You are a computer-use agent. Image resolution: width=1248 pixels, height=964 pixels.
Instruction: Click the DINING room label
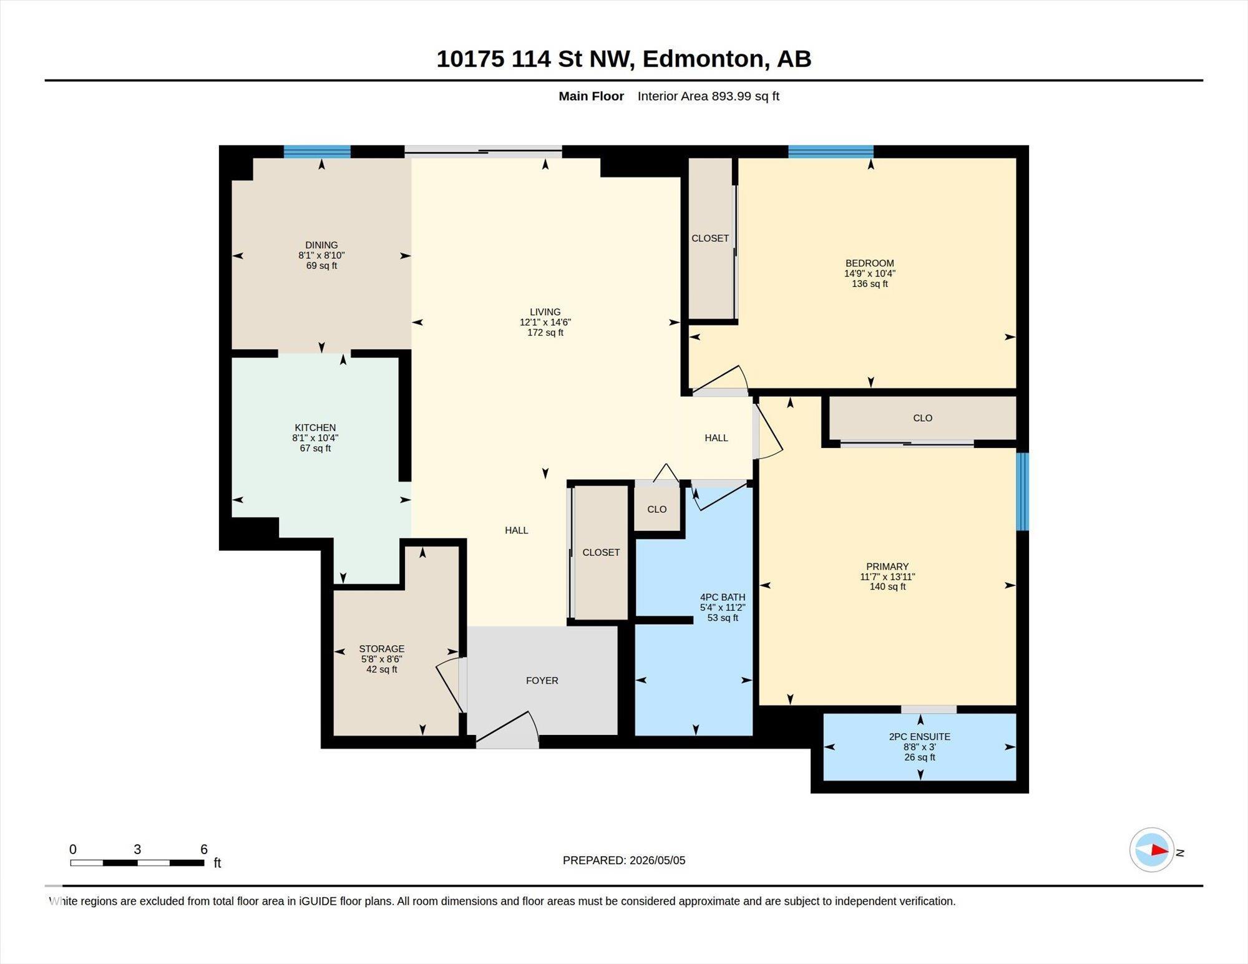321,245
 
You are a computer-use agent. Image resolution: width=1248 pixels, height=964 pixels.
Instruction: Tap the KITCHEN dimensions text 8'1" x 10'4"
315,438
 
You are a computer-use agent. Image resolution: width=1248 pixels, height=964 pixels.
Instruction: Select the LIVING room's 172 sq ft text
545,333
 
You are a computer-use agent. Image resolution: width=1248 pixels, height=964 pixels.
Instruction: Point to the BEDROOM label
870,263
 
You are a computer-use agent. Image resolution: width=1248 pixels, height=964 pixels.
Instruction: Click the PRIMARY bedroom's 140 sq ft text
887,587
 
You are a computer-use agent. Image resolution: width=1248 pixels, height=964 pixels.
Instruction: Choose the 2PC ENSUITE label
920,737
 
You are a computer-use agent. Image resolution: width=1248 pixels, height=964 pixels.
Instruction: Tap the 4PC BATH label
723,597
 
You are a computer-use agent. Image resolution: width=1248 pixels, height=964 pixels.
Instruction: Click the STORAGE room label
382,649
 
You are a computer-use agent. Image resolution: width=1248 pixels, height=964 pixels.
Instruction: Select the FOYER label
542,681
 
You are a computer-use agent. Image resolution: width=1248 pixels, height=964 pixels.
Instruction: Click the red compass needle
1160,850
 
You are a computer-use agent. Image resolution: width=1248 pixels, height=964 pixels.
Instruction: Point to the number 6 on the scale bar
204,849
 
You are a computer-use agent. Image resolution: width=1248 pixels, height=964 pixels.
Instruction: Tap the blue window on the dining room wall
317,152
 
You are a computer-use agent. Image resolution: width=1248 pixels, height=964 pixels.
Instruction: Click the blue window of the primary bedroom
1023,492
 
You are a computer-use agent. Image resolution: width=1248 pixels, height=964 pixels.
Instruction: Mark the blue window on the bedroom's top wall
831,152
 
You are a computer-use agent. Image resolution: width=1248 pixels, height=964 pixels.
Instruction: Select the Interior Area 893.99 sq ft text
708,96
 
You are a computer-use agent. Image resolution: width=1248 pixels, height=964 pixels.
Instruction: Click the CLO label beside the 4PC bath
656,509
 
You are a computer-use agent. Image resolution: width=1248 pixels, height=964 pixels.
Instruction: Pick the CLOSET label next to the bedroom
710,238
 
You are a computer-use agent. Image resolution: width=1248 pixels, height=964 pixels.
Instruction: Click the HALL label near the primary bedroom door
716,438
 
